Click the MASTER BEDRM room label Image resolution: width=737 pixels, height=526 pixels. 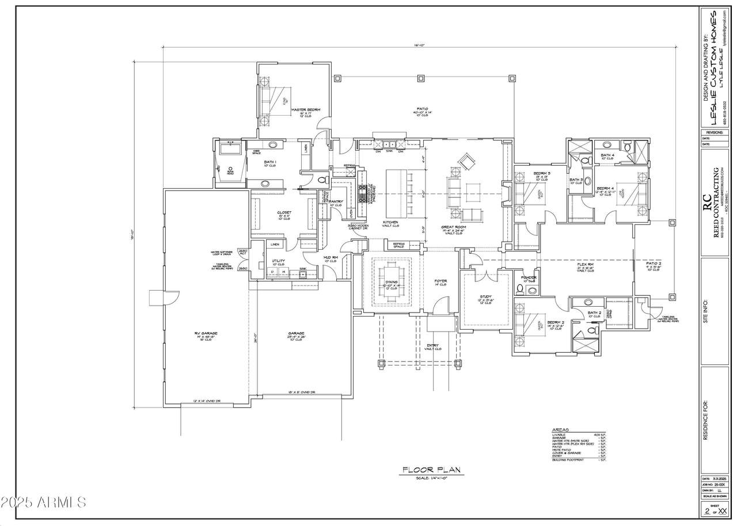point(305,109)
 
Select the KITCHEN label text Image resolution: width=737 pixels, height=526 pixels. point(391,222)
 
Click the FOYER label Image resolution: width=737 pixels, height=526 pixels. point(441,281)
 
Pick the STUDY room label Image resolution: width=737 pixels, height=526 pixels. point(485,297)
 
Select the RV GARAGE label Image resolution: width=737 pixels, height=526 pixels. point(205,333)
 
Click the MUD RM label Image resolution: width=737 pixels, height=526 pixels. point(330,257)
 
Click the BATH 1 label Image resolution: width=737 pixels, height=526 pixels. point(270,162)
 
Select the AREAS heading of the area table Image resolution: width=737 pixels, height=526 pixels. point(560,429)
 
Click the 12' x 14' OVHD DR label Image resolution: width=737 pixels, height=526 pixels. point(207,401)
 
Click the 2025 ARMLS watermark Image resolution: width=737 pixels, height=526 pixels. point(44,502)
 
